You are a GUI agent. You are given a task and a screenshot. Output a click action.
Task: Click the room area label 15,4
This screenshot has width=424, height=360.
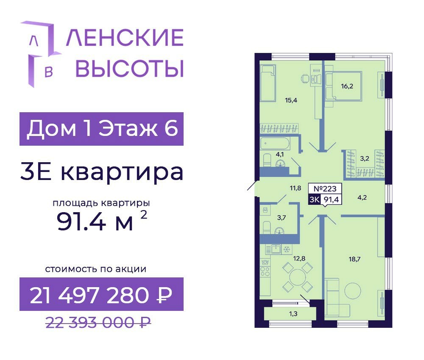click(291, 100)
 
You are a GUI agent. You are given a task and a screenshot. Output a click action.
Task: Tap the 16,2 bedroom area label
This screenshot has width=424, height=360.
click(347, 86)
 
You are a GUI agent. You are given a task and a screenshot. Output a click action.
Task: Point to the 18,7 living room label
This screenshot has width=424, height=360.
click(354, 259)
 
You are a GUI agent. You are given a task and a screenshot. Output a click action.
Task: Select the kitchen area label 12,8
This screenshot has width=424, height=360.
click(299, 258)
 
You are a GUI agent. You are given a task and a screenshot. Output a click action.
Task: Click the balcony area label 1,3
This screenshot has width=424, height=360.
click(293, 313)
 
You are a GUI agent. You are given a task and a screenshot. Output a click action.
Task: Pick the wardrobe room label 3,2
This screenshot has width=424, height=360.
click(365, 158)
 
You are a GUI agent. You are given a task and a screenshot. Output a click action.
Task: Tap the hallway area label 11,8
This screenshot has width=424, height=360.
click(295, 188)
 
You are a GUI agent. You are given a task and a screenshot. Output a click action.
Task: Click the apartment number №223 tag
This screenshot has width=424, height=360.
click(325, 188)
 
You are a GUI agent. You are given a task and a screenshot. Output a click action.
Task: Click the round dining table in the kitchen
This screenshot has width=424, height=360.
click(298, 277)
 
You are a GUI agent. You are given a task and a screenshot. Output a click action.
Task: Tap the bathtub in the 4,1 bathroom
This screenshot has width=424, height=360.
click(275, 143)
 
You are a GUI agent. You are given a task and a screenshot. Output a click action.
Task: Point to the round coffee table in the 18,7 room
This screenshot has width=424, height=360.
click(353, 291)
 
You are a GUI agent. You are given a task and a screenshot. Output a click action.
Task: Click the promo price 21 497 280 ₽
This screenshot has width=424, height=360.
click(101, 295)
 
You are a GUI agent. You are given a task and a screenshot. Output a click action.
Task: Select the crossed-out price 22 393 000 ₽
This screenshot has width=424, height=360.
click(98, 322)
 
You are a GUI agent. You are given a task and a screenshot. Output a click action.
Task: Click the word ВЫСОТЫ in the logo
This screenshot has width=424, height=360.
click(129, 69)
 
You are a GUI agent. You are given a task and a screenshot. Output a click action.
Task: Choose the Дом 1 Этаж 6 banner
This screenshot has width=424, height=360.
click(101, 129)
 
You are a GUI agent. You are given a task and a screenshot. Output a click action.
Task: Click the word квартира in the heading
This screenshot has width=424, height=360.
click(122, 172)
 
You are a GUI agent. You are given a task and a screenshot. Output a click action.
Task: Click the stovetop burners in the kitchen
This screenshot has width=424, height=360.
click(265, 271)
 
